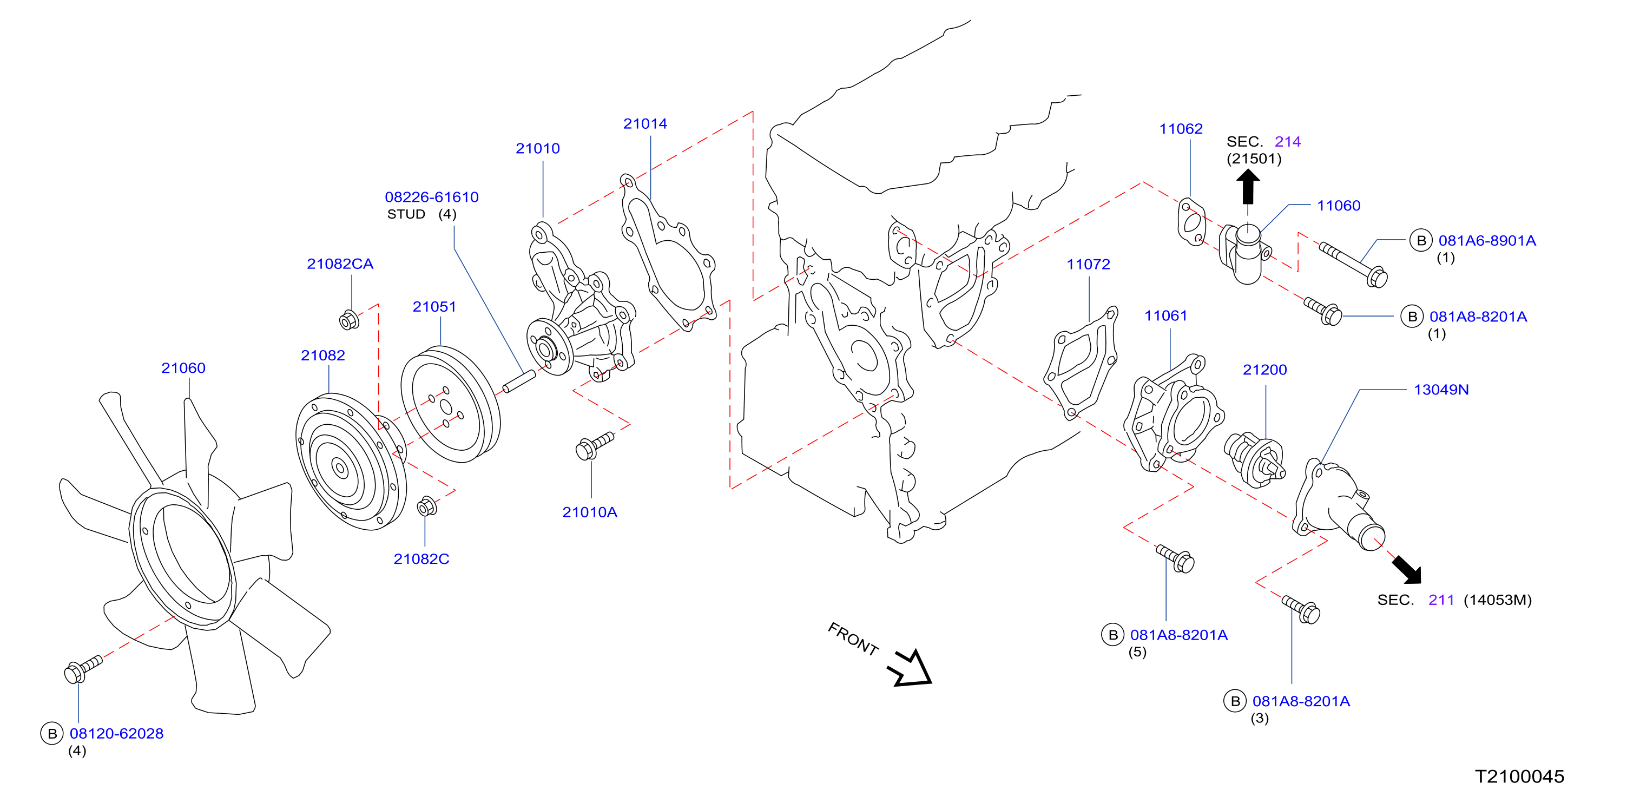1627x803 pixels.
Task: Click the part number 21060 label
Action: point(183,368)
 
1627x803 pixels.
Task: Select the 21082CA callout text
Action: point(340,264)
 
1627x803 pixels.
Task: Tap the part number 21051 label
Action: point(434,306)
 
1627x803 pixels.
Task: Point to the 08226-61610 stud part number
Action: point(431,197)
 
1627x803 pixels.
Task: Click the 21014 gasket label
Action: point(645,124)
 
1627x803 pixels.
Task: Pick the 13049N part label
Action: point(1441,390)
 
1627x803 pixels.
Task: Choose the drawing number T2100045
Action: point(1519,776)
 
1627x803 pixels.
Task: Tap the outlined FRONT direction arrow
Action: point(910,668)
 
